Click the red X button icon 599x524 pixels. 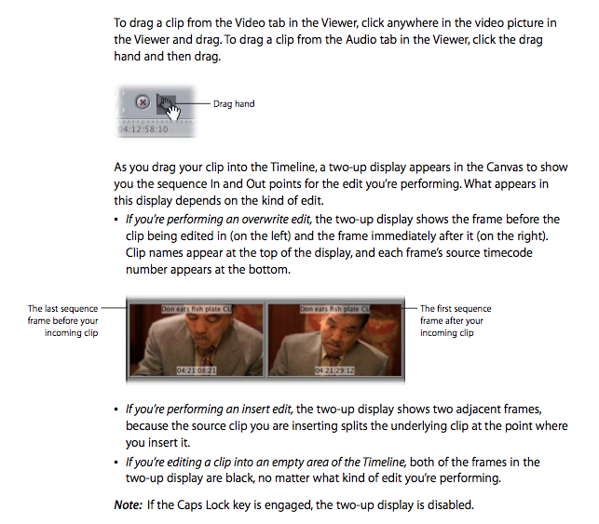(x=143, y=102)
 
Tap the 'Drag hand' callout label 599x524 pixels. (x=234, y=104)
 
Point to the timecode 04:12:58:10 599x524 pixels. (x=143, y=129)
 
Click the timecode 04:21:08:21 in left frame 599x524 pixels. (x=197, y=370)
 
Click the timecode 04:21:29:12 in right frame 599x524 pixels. (x=334, y=370)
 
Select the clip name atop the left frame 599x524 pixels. (x=197, y=309)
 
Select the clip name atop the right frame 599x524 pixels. (x=334, y=309)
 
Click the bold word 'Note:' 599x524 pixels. (x=128, y=504)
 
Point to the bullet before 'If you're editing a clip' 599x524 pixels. (x=116, y=463)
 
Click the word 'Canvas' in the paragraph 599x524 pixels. (x=504, y=168)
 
